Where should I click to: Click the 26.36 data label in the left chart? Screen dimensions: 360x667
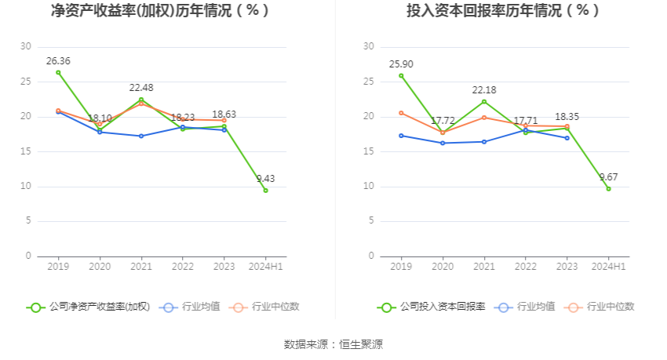(58, 60)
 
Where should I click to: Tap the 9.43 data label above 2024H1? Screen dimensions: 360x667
(266, 179)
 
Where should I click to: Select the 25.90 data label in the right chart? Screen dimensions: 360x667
(401, 64)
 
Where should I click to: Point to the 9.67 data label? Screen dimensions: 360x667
(609, 177)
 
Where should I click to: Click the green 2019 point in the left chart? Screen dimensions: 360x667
(58, 72)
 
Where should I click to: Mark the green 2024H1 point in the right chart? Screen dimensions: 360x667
(608, 188)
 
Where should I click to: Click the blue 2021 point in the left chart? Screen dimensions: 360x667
(141, 136)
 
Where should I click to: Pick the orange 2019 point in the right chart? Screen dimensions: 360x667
(401, 113)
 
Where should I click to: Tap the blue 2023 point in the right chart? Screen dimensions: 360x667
(567, 138)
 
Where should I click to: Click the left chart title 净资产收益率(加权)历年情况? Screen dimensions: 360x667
(160, 11)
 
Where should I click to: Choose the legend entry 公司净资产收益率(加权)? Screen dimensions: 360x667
(88, 307)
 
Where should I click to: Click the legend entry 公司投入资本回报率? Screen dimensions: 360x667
(431, 307)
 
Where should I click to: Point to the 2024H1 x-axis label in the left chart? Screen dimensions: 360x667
(265, 267)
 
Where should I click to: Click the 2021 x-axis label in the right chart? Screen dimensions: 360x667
(484, 267)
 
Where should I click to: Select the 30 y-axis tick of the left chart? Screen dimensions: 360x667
(27, 47)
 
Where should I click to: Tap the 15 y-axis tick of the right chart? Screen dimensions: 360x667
(368, 151)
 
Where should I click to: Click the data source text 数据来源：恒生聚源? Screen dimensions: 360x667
(333, 344)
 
